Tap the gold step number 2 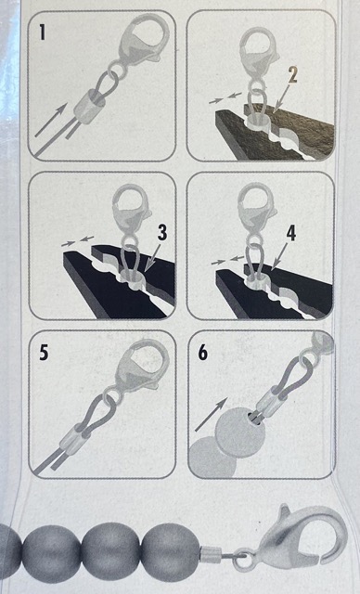(x=292, y=75)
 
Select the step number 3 (x=162, y=233)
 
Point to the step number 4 (x=290, y=233)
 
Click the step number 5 (x=44, y=353)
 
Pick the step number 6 (x=203, y=353)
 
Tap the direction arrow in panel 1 (x=51, y=120)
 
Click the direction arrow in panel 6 (x=212, y=414)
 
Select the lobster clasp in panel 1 (x=143, y=42)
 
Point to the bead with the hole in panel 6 (x=239, y=434)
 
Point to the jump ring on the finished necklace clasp (x=243, y=561)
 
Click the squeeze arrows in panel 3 (x=78, y=241)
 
